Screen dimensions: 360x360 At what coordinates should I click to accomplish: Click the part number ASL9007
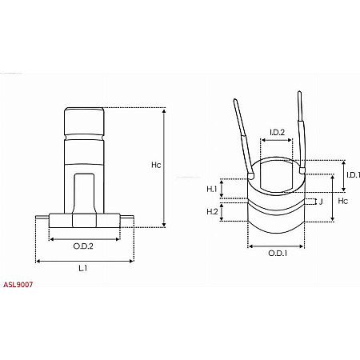click(x=18, y=284)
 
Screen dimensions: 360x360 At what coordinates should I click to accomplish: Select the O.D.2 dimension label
click(x=84, y=246)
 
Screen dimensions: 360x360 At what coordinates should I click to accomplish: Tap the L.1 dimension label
click(x=83, y=268)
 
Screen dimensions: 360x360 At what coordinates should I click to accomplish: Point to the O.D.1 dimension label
click(x=276, y=254)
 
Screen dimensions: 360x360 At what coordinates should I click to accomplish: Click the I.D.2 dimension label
click(x=277, y=132)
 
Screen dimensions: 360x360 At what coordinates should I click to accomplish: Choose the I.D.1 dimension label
click(x=353, y=174)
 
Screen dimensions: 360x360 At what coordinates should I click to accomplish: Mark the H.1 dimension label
click(x=212, y=190)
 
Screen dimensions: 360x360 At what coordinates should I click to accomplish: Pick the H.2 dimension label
click(x=212, y=211)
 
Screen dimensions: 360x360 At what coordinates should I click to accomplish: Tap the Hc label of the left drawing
click(x=156, y=166)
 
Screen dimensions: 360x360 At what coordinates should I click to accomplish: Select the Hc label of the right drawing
click(x=343, y=202)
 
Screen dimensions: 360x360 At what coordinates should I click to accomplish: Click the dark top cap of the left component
click(x=84, y=123)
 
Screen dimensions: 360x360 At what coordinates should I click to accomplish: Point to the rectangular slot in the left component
click(x=84, y=192)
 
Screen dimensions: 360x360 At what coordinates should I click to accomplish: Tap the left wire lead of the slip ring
click(x=244, y=136)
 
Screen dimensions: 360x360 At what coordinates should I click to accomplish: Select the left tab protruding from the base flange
click(x=42, y=216)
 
